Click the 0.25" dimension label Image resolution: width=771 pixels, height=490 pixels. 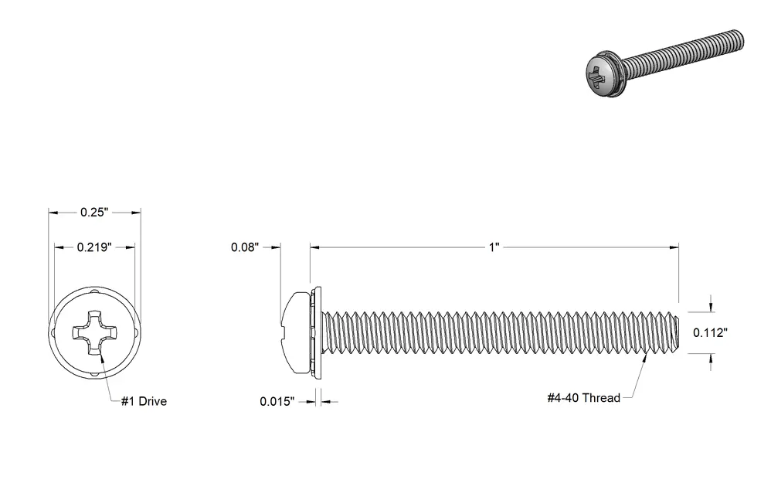click(94, 212)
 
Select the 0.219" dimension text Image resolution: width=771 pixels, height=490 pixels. click(94, 247)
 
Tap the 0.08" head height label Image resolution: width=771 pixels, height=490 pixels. click(245, 247)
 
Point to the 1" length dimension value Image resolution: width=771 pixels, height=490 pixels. click(494, 247)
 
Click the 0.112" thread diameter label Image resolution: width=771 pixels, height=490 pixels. click(710, 332)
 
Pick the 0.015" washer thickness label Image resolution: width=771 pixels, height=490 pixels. click(277, 401)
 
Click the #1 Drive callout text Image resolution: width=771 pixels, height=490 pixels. click(144, 401)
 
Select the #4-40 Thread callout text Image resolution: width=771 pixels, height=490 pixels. click(584, 397)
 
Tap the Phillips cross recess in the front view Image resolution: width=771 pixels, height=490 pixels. click(94, 332)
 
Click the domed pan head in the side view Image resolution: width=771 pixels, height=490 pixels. click(295, 332)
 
